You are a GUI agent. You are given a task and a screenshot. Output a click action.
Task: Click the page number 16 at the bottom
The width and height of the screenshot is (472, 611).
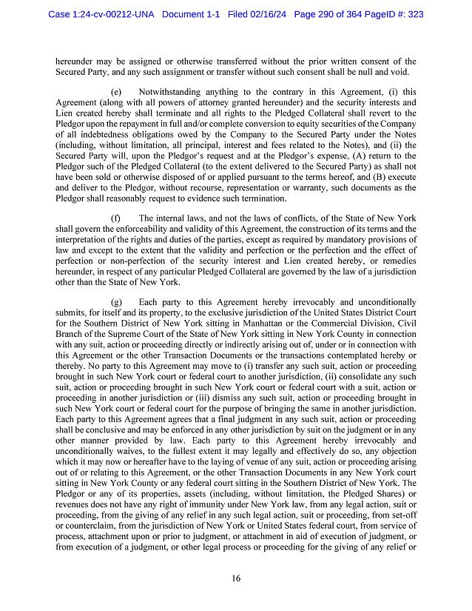[x=236, y=579]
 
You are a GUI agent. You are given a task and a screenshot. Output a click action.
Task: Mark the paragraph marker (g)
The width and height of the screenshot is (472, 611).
[x=116, y=302]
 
